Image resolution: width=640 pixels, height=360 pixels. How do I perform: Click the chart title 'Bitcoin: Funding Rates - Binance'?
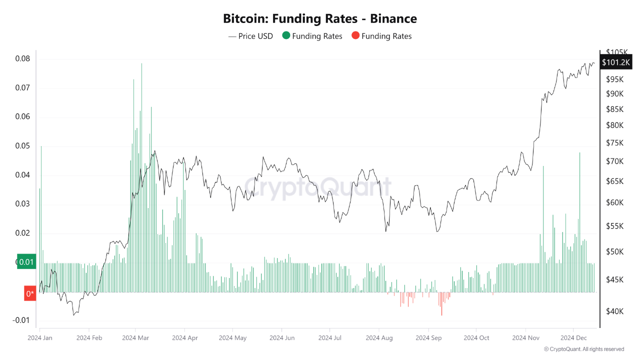(320, 19)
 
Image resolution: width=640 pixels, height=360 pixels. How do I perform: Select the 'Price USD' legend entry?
(251, 36)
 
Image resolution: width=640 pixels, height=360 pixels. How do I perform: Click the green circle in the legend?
(286, 36)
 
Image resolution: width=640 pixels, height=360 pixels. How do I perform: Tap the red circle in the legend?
(355, 36)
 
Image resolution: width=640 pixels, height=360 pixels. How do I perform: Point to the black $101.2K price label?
(616, 62)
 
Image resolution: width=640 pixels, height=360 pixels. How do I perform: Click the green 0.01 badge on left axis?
(26, 262)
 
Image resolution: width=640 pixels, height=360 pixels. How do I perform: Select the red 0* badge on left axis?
(30, 293)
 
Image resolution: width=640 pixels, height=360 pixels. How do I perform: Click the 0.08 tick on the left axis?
(22, 58)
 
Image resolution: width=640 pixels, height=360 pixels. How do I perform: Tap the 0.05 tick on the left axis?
(22, 146)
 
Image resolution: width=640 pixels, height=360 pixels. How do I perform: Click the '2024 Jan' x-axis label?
(40, 337)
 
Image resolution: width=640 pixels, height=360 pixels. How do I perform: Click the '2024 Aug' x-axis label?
(379, 337)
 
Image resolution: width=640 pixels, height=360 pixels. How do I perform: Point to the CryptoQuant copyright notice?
(583, 349)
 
